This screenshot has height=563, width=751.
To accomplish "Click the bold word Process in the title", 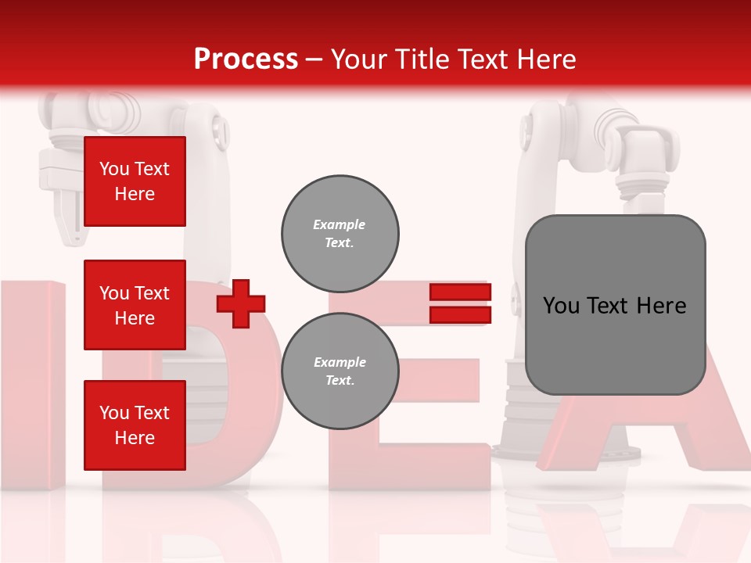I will tap(246, 59).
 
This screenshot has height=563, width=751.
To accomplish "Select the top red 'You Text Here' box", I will tap(135, 181).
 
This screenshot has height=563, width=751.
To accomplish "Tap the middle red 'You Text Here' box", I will tap(135, 305).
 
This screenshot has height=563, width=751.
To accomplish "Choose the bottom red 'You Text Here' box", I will tap(135, 425).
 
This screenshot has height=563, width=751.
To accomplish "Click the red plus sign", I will tap(241, 303).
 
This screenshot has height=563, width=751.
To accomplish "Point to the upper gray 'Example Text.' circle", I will tap(340, 234).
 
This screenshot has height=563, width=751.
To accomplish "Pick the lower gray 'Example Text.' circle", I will tap(340, 371).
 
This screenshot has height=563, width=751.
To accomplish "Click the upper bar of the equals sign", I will tap(460, 292).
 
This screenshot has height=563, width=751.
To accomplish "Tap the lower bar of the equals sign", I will tap(460, 315).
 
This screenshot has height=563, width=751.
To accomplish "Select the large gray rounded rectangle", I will tap(615, 304).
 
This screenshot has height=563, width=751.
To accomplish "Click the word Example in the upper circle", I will tap(339, 224).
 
